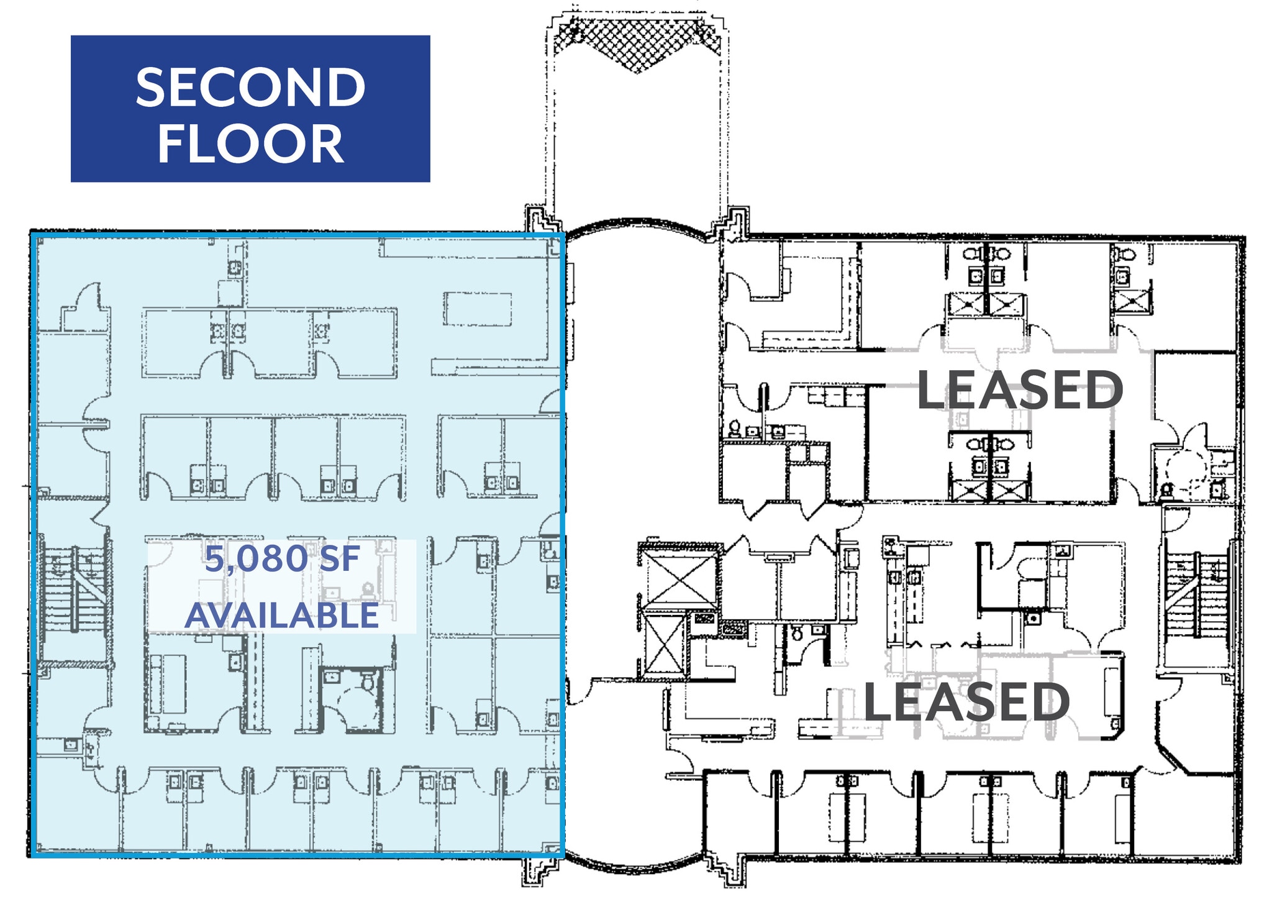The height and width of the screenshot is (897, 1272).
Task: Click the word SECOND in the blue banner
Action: [x=250, y=88]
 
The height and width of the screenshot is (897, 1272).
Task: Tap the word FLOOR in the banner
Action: [x=250, y=143]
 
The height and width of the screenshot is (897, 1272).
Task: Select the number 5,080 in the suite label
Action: [x=257, y=559]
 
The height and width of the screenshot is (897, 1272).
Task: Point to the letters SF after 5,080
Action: [x=339, y=558]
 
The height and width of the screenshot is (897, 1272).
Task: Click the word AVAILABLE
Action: [x=282, y=616]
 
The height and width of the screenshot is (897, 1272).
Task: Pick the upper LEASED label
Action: [x=1020, y=389]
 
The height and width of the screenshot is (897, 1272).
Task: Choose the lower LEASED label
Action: [x=966, y=702]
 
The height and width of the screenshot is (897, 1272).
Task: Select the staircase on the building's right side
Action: [x=1197, y=587]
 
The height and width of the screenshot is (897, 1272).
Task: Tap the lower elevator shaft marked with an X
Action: [x=666, y=644]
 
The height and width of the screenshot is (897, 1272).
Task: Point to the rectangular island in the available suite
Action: [x=478, y=309]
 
